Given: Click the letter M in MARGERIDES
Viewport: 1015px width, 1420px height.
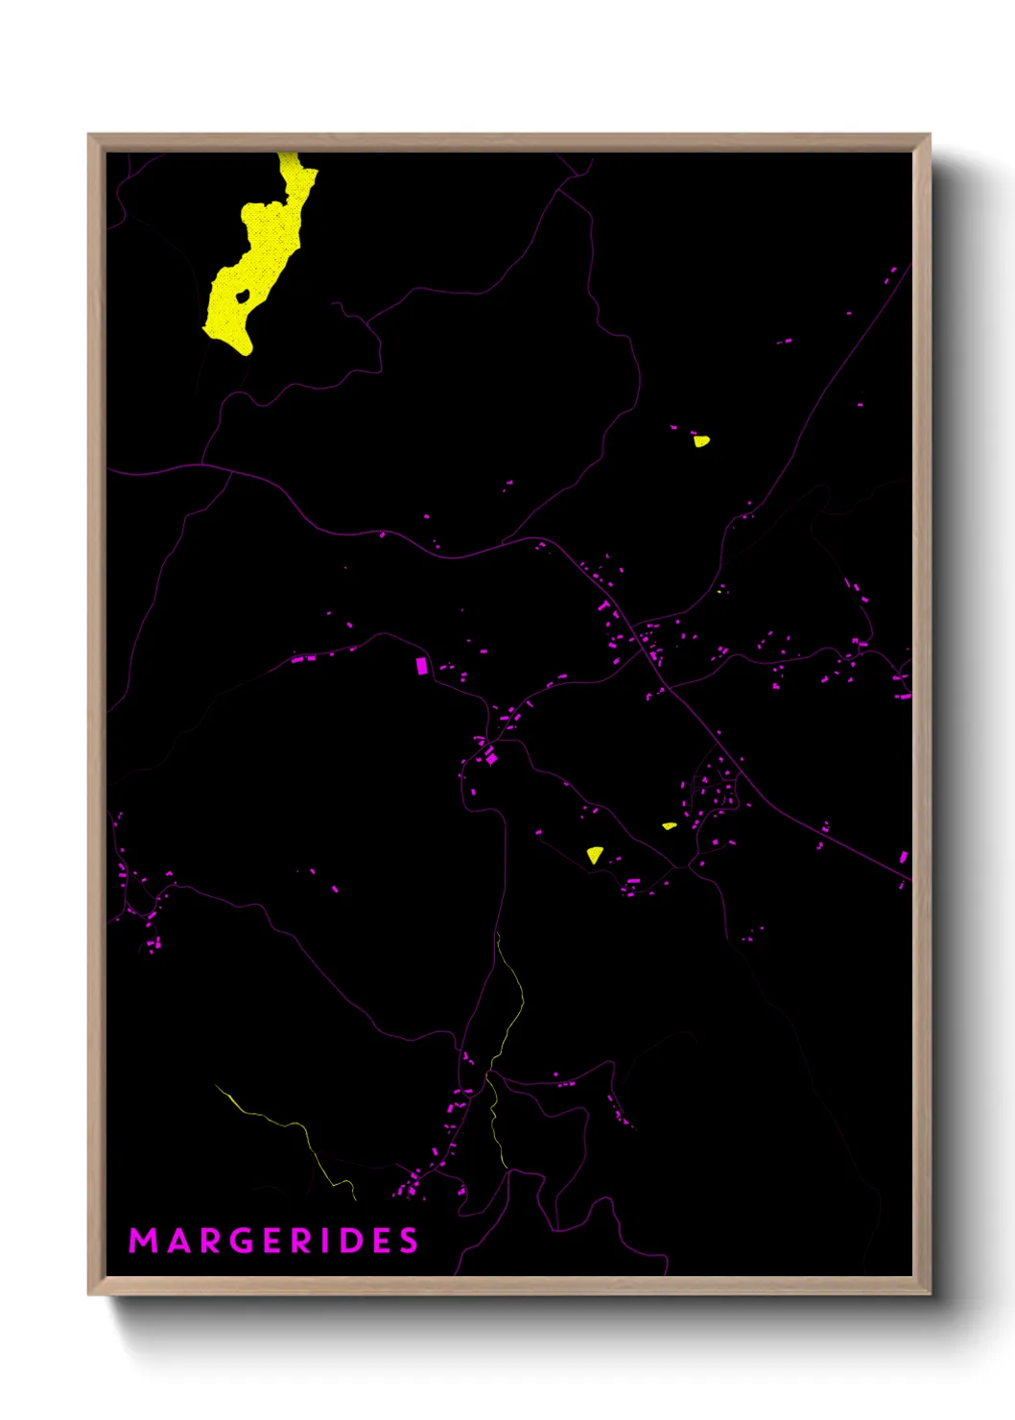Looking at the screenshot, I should click(143, 1241).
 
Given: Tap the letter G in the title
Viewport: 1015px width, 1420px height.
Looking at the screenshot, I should click(245, 1241).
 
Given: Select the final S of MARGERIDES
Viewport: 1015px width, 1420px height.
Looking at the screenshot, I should click(410, 1241).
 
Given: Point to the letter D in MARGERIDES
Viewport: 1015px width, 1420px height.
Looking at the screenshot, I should click(352, 1241).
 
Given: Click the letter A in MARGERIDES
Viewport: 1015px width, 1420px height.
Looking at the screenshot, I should click(177, 1241).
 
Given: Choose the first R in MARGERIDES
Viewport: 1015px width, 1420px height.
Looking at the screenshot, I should click(210, 1241).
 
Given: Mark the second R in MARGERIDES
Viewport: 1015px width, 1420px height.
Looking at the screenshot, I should click(302, 1241).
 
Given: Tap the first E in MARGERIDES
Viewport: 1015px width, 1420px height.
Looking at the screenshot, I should click(274, 1241).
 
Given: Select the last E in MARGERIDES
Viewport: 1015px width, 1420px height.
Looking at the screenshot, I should click(382, 1241).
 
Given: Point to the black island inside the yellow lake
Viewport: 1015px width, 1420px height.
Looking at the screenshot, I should click(243, 296).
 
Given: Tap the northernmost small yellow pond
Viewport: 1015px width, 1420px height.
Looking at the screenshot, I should click(702, 441).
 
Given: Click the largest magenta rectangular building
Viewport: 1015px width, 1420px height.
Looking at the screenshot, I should click(420, 665).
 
